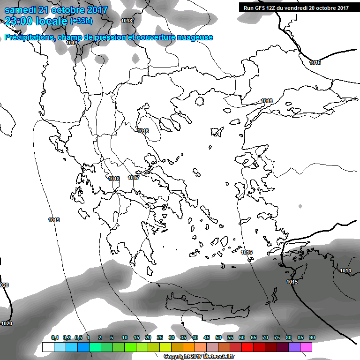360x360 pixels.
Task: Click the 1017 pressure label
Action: [x=134, y=178]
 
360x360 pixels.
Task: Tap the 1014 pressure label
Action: [x=345, y=270]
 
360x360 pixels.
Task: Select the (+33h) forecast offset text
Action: [x=81, y=21]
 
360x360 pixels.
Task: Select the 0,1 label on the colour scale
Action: [x=55, y=337]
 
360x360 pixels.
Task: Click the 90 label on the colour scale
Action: [x=312, y=337]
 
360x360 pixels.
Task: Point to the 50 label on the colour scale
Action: [x=218, y=337]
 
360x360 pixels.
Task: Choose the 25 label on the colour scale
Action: [x=160, y=337]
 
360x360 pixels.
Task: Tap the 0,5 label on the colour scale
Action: [x=78, y=337]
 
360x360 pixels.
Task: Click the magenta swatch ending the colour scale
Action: [x=306, y=347]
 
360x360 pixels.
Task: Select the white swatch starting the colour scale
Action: [x=48, y=347]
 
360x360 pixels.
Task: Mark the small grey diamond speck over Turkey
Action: [x=300, y=206]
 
